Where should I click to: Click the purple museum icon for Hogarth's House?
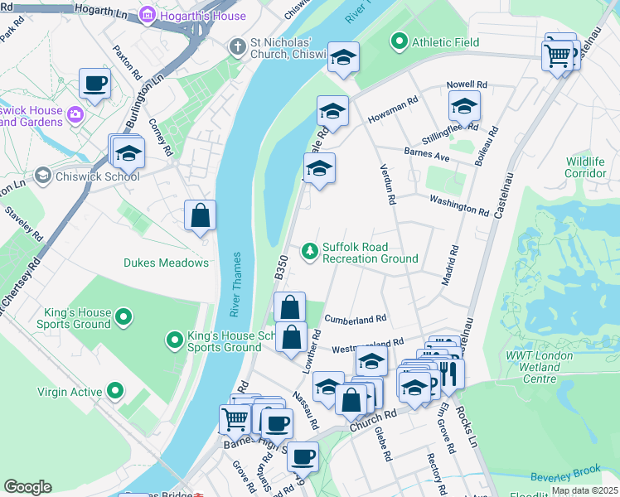147,16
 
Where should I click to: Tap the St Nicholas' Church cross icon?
238,47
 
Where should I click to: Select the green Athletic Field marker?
399,40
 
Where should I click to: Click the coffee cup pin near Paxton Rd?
94,84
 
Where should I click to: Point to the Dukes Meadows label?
166,263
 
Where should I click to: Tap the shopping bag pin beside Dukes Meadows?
200,216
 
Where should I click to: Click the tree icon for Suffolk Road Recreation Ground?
310,249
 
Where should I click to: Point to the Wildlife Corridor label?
586,166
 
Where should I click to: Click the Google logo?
27,487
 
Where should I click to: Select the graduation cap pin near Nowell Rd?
464,106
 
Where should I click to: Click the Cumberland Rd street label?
356,319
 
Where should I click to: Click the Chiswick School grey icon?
42,176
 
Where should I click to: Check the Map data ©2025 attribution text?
584,490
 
